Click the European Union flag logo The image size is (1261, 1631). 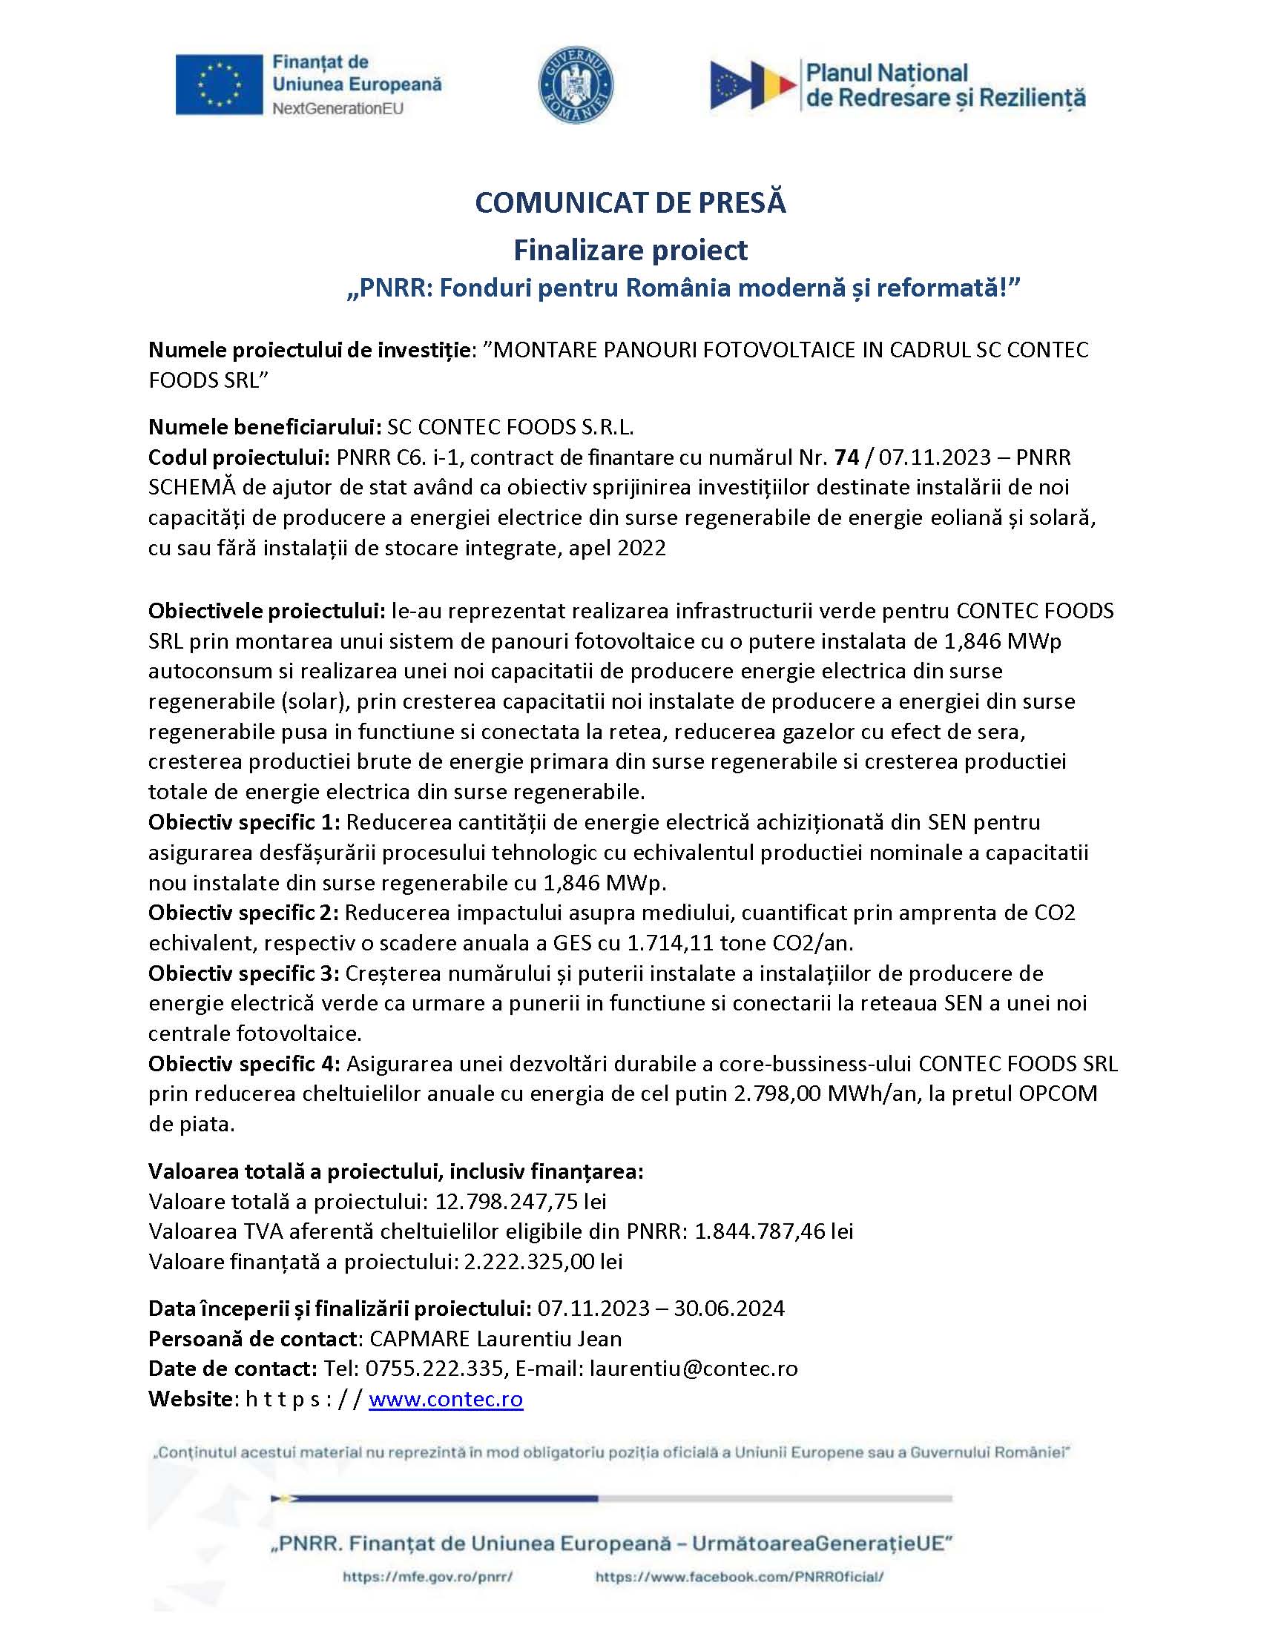click(x=219, y=85)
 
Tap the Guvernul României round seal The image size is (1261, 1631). click(x=576, y=84)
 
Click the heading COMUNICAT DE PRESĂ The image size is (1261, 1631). click(x=630, y=203)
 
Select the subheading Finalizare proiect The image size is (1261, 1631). click(x=630, y=250)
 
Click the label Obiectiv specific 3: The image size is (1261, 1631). click(x=243, y=974)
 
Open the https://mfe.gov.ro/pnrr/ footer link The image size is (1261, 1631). click(x=427, y=1577)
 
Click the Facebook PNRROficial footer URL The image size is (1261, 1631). click(x=740, y=1577)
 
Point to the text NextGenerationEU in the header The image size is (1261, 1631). click(x=338, y=109)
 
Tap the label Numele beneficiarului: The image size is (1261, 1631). click(x=265, y=427)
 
